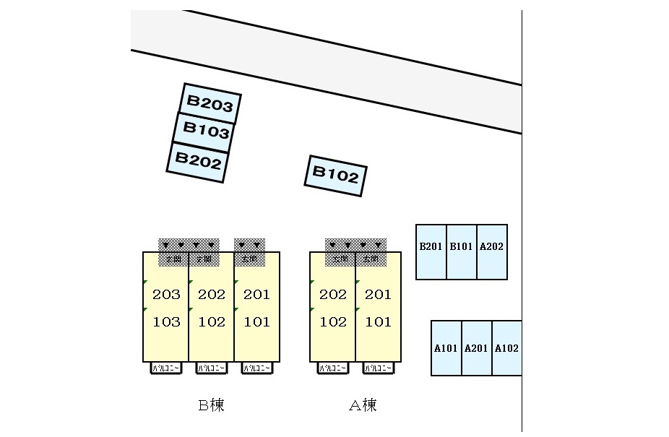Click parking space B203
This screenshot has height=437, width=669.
pyautogui.click(x=210, y=104)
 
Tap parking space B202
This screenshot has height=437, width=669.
pyautogui.click(x=199, y=160)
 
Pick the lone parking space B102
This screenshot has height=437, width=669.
pyautogui.click(x=335, y=176)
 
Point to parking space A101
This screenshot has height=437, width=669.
pyautogui.click(x=446, y=348)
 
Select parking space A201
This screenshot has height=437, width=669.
pyautogui.click(x=476, y=348)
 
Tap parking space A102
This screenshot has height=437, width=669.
pyautogui.click(x=506, y=348)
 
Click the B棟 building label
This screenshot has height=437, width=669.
pyautogui.click(x=211, y=405)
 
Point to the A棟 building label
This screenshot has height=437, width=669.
pyautogui.click(x=363, y=405)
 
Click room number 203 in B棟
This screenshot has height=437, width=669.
pyautogui.click(x=166, y=295)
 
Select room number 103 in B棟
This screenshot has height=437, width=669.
pyautogui.click(x=166, y=322)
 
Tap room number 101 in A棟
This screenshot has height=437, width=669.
pyautogui.click(x=378, y=322)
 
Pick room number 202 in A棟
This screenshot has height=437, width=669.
pyautogui.click(x=333, y=295)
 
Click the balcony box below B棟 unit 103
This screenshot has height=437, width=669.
pyautogui.click(x=166, y=368)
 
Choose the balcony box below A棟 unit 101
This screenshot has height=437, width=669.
pyautogui.click(x=379, y=368)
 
